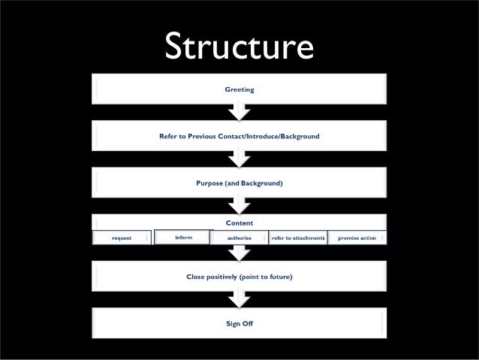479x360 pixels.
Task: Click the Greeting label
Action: (x=239, y=90)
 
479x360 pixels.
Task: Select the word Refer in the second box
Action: (x=168, y=136)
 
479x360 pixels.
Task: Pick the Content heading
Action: (x=239, y=222)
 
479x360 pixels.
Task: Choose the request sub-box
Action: (x=122, y=237)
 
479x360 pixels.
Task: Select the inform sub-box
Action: (x=182, y=237)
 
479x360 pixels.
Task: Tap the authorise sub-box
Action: (x=239, y=237)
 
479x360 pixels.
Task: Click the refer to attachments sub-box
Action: (x=298, y=237)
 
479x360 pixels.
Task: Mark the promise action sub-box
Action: (x=357, y=237)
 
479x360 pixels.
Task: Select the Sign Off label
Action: (x=239, y=323)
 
